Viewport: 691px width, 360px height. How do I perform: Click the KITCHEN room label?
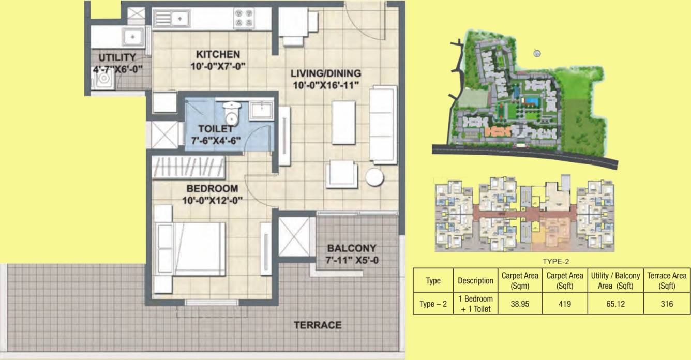point(217,54)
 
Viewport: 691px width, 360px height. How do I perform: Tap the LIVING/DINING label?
point(325,73)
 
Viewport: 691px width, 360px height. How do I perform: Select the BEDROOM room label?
point(212,188)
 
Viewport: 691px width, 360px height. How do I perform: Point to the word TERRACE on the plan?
point(318,325)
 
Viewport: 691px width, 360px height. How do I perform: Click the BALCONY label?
point(351,248)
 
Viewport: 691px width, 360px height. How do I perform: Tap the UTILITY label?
point(117,57)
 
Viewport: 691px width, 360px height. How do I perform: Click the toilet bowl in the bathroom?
point(229,111)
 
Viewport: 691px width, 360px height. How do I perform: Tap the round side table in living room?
point(374,177)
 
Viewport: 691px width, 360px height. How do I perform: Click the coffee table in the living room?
point(343,123)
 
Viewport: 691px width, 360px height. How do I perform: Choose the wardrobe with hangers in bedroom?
point(189,168)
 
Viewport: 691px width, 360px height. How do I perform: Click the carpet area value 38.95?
point(520,304)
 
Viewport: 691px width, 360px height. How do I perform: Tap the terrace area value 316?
point(667,304)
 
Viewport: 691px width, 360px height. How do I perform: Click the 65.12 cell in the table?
point(615,304)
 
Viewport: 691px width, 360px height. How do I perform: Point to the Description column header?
point(475,281)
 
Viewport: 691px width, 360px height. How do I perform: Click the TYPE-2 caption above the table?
point(555,262)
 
